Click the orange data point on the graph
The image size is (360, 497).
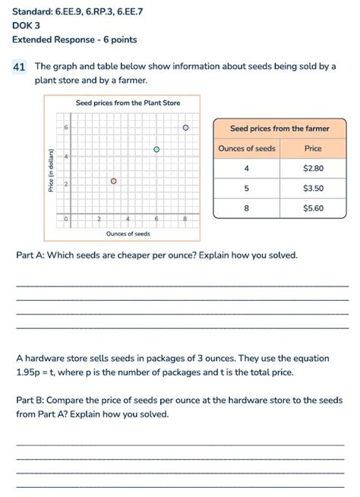114,181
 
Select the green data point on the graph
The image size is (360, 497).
156,150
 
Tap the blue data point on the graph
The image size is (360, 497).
185,128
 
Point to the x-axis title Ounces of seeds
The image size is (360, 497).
128,233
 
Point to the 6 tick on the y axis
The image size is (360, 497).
66,128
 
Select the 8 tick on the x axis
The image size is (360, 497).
185,219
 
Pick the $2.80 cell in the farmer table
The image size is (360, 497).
313,168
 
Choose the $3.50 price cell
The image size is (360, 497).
313,188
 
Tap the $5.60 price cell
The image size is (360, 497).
313,207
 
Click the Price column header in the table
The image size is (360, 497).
313,148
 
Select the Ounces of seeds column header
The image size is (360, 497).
247,148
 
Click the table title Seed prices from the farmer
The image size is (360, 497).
279,128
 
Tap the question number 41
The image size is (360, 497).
20,67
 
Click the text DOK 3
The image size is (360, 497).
26,25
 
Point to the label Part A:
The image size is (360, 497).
30,255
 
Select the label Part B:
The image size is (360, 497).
30,400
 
